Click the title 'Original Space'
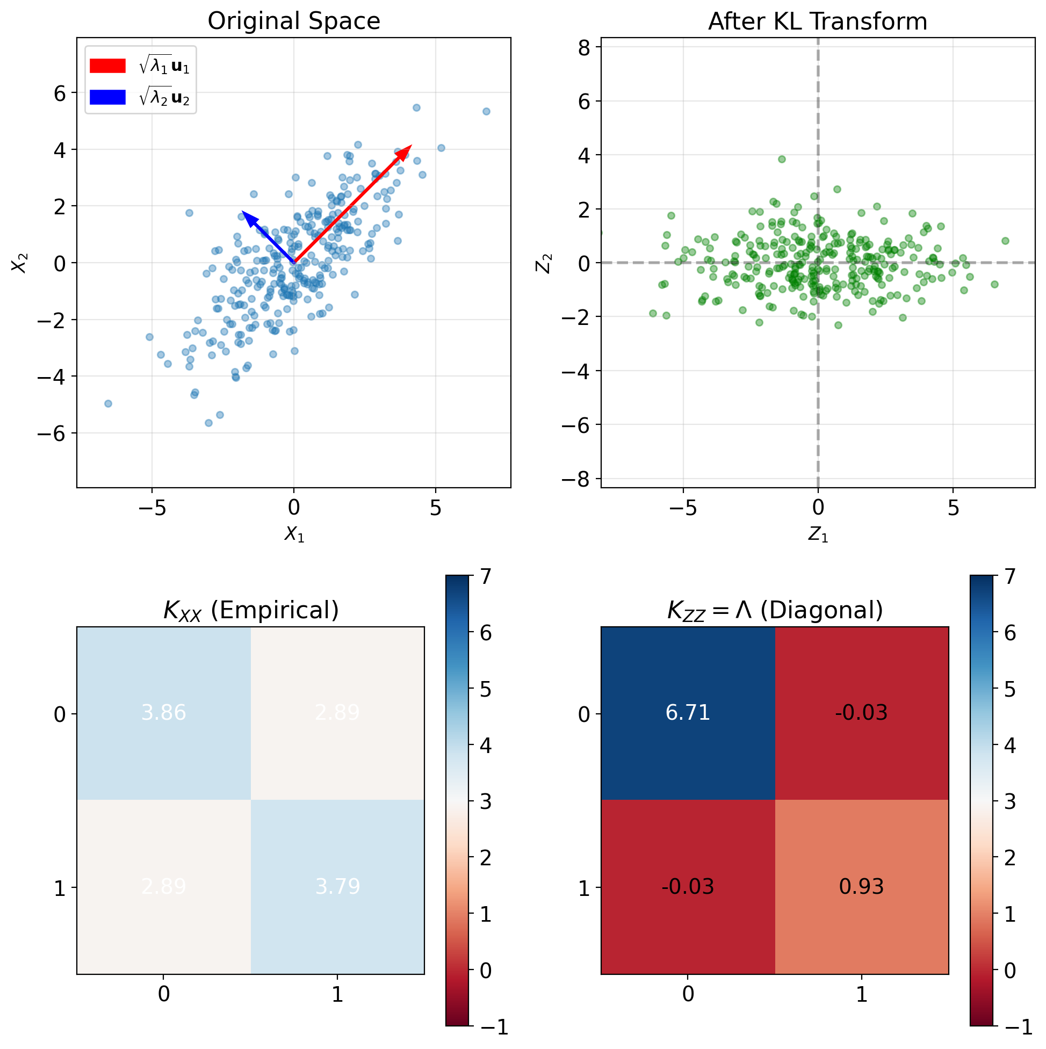coord(293,21)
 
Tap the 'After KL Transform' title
coord(817,21)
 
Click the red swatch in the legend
coord(107,66)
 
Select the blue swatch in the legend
coord(107,97)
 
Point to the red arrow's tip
coord(412,146)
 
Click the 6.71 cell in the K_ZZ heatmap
coord(688,712)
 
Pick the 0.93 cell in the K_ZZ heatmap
coord(861,887)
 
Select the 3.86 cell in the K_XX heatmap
coord(163,712)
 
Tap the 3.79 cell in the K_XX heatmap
coord(337,887)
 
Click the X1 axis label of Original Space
coord(294,535)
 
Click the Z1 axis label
coord(818,535)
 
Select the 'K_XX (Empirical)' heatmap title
coord(251,610)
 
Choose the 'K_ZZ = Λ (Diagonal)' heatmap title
coord(775,610)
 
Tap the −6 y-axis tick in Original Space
coord(51,433)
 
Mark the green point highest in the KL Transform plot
coord(782,159)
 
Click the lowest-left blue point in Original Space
coord(108,403)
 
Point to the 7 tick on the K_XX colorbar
coord(484,577)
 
